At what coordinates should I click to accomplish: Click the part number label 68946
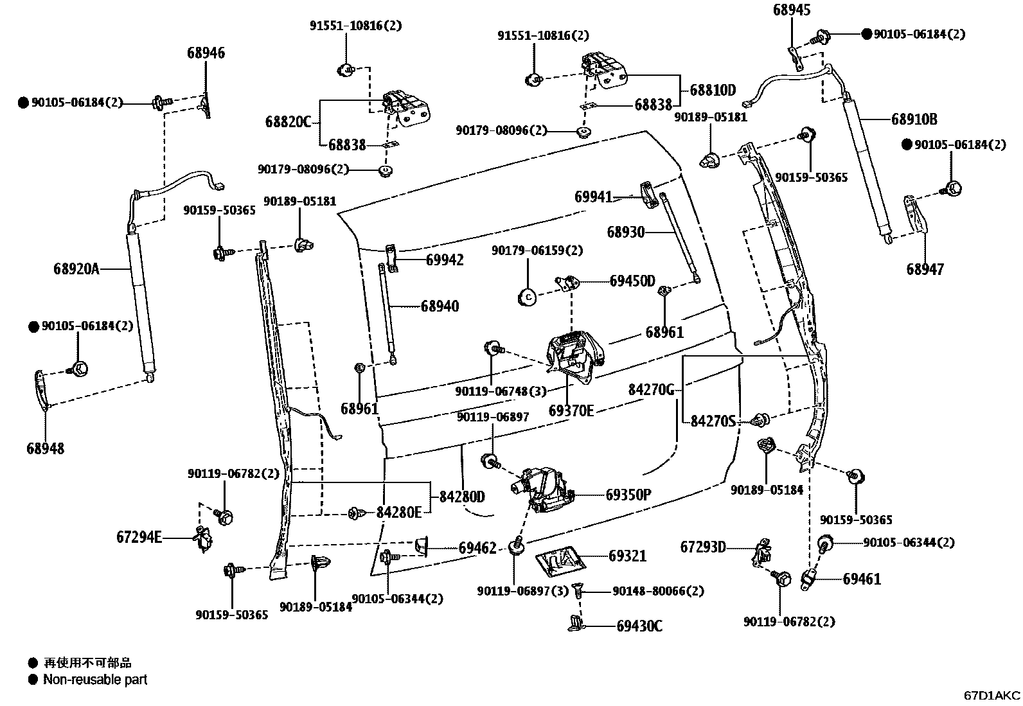pos(206,53)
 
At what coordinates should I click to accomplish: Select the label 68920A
pos(76,269)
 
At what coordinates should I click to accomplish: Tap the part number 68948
pos(46,448)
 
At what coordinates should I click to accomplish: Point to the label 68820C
pos(287,121)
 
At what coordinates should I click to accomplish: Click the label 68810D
pos(713,90)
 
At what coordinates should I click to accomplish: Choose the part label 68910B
pos(914,119)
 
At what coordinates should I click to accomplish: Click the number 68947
pos(925,269)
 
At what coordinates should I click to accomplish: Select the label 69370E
pos(571,410)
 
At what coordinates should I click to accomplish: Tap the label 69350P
pos(628,494)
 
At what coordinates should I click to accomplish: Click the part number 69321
pos(627,556)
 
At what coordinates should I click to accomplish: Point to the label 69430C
pos(639,625)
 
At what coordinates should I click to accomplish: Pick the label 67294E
pos(139,536)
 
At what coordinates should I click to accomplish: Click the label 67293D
pos(703,547)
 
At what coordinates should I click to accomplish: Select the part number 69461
pos(862,579)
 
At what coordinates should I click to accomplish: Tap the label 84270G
pos(651,389)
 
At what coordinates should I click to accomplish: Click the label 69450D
pos(632,281)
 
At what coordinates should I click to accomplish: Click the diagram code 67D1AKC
pos(992,695)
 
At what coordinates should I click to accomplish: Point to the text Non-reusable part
pos(95,679)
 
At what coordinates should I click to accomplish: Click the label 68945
pos(791,10)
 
